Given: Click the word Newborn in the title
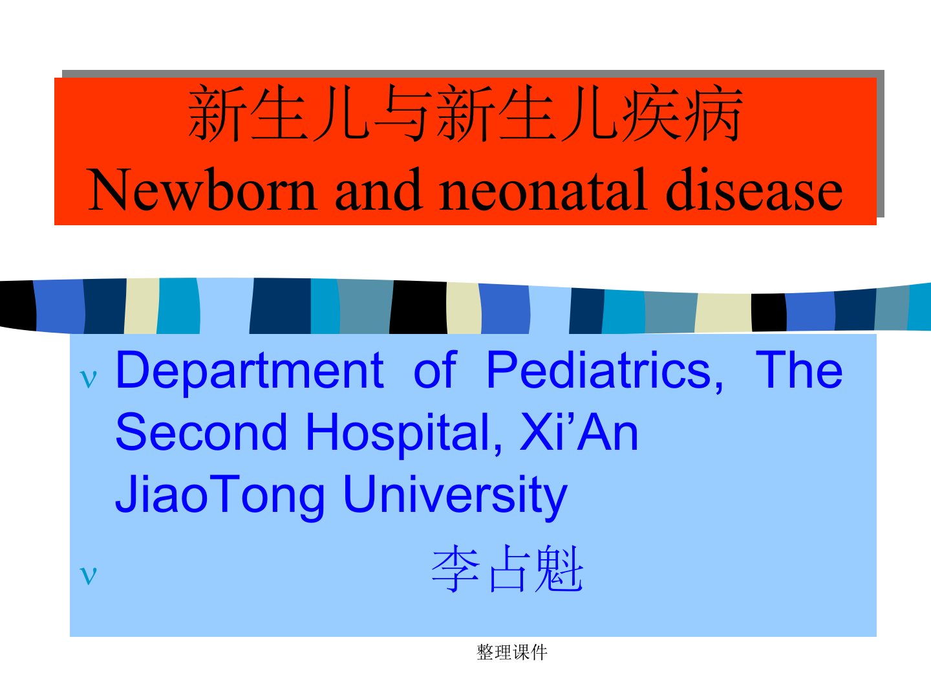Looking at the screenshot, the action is [202, 190].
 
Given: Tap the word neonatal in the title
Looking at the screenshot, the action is [543, 189].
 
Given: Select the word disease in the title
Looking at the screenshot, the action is [754, 189].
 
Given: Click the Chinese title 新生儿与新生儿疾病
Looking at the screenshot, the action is [465, 113].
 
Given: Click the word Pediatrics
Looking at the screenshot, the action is [605, 370].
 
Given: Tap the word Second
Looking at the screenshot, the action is [202, 432].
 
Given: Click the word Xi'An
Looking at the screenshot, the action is [579, 432].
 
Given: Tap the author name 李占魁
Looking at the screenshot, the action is [508, 569].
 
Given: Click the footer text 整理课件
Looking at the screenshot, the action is [512, 652].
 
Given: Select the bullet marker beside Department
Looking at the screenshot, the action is [88, 379].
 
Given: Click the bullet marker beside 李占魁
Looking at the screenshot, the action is [88, 575].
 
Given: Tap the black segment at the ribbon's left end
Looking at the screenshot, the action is [17, 305].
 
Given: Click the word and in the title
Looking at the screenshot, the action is [379, 189].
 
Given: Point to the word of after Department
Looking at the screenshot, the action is [435, 370].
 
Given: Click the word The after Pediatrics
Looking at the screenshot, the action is [799, 370].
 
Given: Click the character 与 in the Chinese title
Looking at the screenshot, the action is [403, 114].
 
